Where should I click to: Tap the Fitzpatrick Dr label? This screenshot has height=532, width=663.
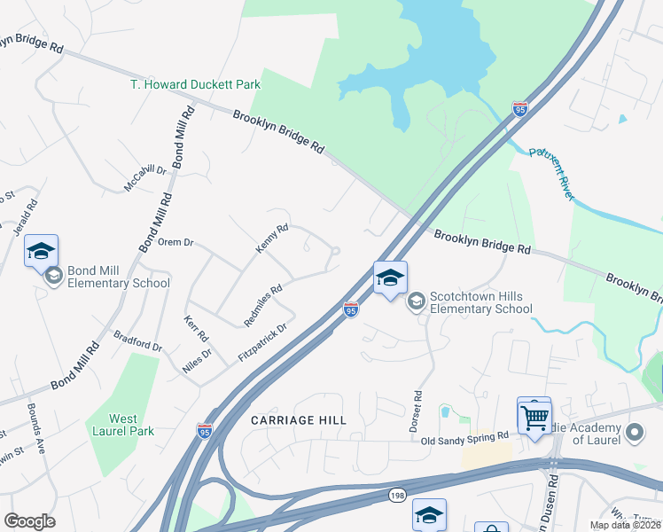tap(263, 342)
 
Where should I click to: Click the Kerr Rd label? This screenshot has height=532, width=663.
tap(196, 330)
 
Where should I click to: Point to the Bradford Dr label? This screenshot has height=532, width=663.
tap(138, 340)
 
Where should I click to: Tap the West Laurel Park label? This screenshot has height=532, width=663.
tap(123, 425)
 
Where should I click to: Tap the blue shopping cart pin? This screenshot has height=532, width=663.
tap(534, 417)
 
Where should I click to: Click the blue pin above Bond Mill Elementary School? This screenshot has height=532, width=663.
tap(41, 252)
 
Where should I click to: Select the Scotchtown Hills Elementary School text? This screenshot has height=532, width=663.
tap(480, 302)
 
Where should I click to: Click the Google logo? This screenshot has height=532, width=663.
tap(30, 520)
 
